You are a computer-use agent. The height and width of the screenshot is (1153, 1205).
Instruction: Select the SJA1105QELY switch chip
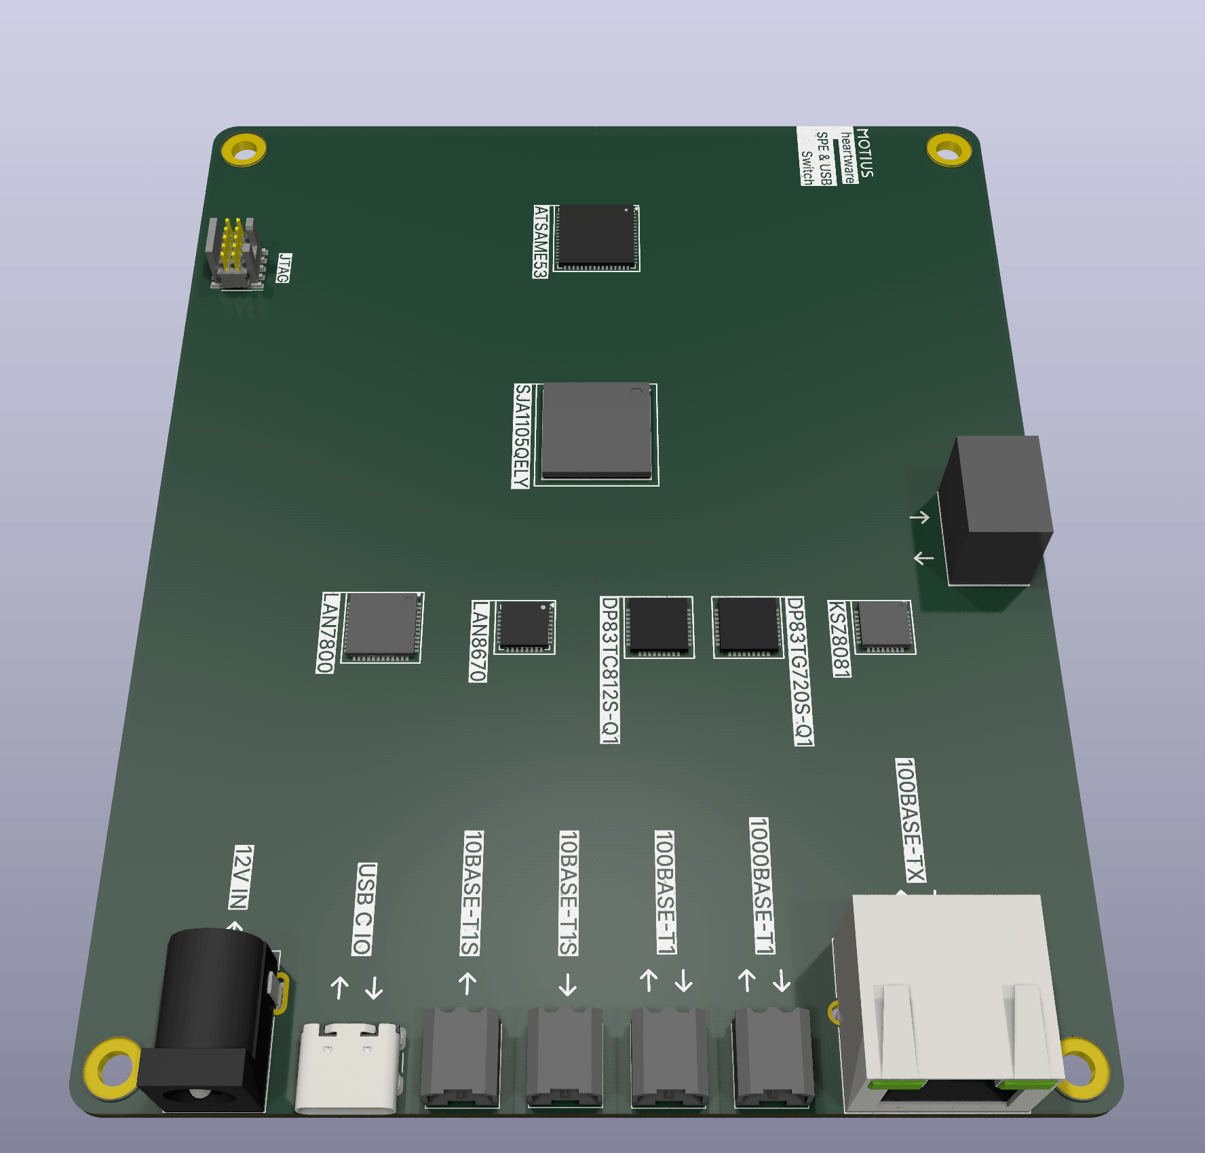[596, 431]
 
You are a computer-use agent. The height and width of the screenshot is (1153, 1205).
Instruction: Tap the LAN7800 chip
[382, 626]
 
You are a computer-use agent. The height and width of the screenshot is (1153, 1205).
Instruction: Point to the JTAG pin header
[235, 253]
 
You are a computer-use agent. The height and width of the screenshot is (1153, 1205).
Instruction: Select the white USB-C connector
[349, 1067]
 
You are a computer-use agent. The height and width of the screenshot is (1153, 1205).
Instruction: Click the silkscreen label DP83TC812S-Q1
[610, 670]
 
